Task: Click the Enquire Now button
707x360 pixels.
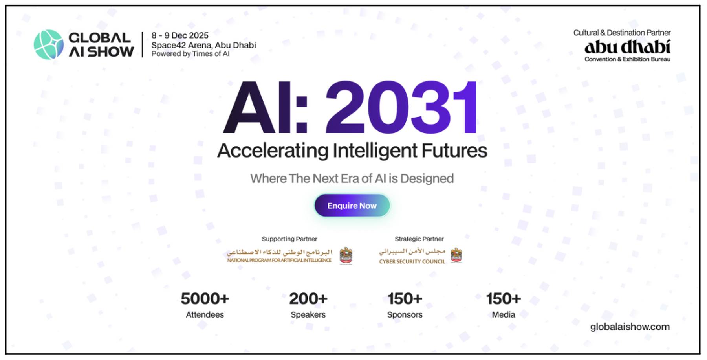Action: (x=352, y=206)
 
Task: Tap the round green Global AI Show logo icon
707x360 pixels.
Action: (x=49, y=45)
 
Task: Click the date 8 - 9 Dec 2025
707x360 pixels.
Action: (x=180, y=35)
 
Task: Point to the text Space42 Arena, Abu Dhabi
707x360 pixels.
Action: (x=203, y=45)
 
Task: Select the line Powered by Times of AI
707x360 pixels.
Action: (x=190, y=54)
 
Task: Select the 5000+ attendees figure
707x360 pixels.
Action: (x=205, y=299)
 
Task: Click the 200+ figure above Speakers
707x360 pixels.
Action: (x=308, y=299)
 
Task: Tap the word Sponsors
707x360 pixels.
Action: (x=405, y=315)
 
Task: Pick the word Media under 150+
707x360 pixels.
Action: (x=504, y=315)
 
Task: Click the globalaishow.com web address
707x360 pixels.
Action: (x=630, y=327)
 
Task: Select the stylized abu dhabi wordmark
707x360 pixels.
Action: (x=627, y=47)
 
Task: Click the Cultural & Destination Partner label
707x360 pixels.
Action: (x=622, y=33)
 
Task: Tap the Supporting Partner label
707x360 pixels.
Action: (x=289, y=239)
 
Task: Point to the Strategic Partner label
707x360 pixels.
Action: (x=419, y=239)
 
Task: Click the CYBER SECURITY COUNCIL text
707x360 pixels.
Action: (x=412, y=261)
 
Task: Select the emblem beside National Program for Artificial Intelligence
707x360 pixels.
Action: (x=346, y=256)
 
